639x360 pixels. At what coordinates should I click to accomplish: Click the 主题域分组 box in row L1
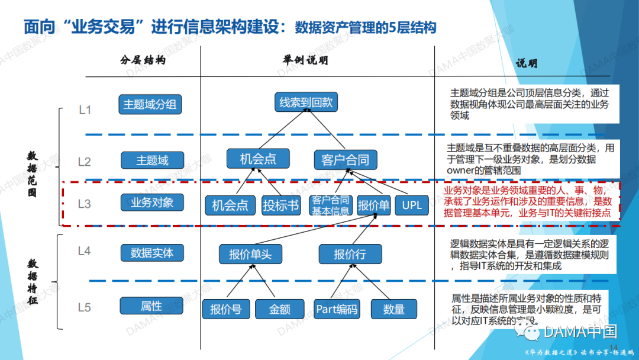[150, 104]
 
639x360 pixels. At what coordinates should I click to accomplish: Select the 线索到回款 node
[306, 102]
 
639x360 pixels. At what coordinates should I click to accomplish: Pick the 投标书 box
[281, 205]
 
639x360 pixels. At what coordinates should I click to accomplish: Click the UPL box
[411, 205]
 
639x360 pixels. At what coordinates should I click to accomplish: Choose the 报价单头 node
[250, 254]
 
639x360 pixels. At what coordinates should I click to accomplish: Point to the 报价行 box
[350, 254]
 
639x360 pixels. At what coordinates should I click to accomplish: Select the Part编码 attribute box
[337, 309]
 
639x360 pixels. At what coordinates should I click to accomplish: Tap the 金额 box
[279, 309]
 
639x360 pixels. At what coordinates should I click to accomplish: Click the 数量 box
[393, 309]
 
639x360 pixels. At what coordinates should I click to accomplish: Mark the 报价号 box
[226, 309]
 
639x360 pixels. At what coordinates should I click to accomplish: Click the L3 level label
[85, 204]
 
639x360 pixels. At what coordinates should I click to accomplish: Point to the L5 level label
[85, 307]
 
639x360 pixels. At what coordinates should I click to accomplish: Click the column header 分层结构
[142, 60]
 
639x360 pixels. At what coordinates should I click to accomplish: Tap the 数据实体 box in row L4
[152, 253]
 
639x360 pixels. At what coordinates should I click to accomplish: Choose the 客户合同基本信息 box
[331, 205]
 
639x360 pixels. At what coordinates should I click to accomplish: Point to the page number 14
[613, 347]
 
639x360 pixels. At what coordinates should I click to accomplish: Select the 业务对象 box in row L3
[152, 202]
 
